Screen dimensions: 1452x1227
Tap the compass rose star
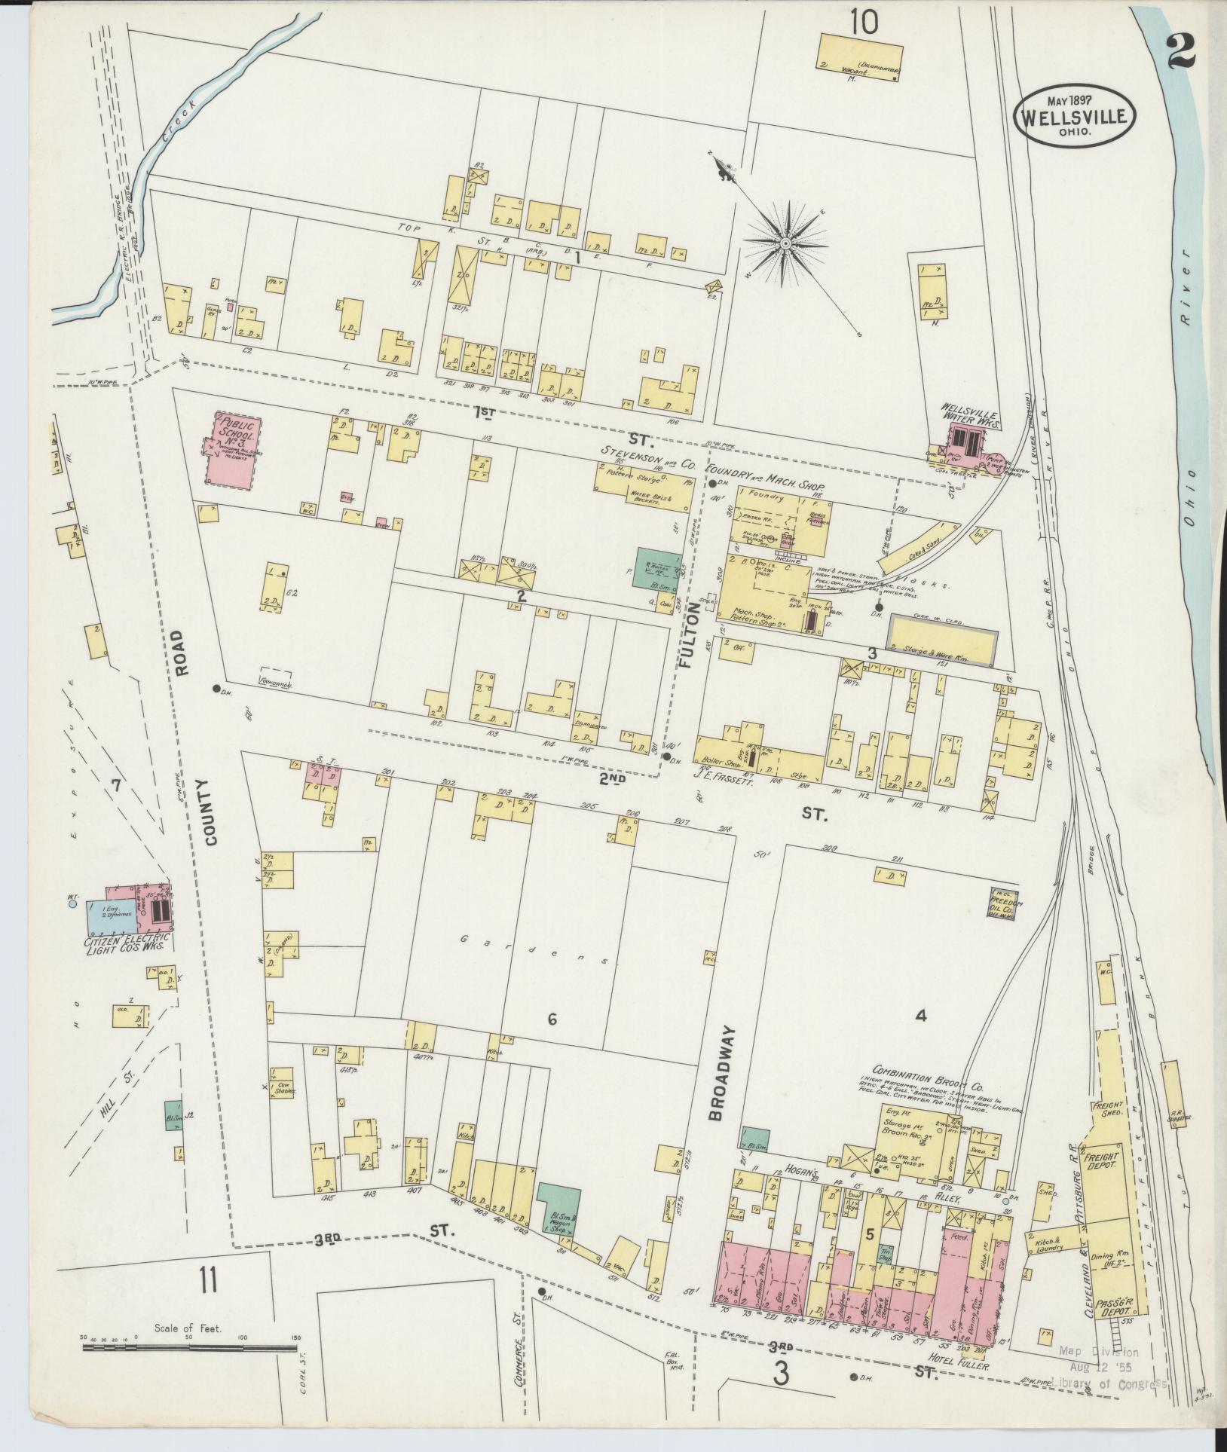click(x=785, y=243)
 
